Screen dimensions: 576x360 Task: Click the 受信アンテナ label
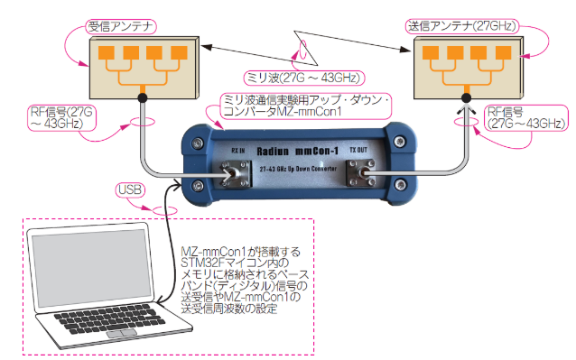coord(121,27)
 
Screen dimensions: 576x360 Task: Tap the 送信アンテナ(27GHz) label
coord(462,26)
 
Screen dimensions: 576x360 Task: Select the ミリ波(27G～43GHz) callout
coord(304,78)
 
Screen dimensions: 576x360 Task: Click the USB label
coord(130,189)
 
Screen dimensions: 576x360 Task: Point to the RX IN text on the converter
coord(238,151)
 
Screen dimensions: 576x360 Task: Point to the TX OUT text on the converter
coord(358,150)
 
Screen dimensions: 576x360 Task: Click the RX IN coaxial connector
coord(236,175)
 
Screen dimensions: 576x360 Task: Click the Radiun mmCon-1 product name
coord(297,152)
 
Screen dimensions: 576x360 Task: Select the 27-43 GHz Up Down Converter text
coord(298,169)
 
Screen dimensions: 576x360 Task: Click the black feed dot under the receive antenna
coord(143,97)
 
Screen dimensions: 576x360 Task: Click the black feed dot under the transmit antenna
coord(466,97)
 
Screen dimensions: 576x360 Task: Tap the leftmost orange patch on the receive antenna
coord(107,52)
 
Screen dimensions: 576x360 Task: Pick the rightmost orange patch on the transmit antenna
coord(503,52)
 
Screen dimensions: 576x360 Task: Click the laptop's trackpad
coord(122,334)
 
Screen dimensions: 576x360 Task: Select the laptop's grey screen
coord(92,268)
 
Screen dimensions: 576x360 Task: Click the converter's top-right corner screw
coord(400,141)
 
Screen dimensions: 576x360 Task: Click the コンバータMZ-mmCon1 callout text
coord(283,112)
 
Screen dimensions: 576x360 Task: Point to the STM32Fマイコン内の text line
coord(235,263)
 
